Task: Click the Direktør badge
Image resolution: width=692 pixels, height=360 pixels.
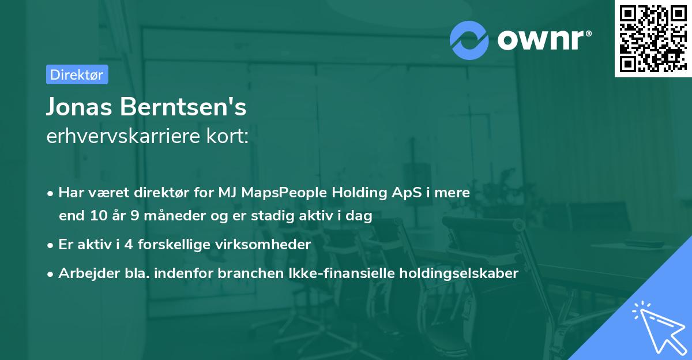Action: pyautogui.click(x=77, y=74)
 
